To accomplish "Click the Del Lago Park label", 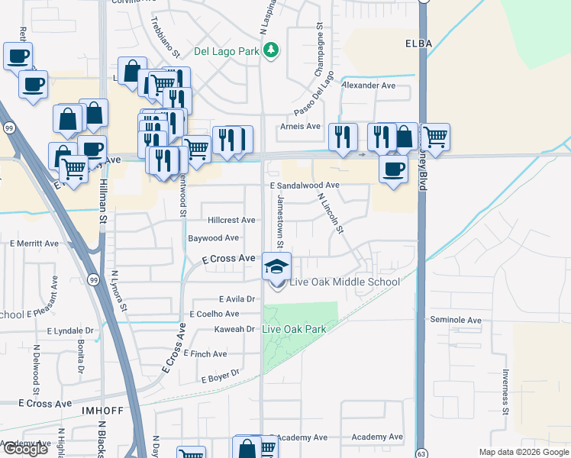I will point(227,51).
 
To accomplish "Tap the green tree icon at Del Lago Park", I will point(270,51).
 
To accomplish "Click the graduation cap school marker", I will point(276,266).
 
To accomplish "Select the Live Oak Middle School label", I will point(344,282).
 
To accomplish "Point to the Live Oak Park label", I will point(294,329).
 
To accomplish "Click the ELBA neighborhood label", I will point(419,44).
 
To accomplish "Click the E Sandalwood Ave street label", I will point(304,185).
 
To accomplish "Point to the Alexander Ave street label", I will point(369,85).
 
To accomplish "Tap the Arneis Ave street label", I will point(301,126).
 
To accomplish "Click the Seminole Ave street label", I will point(456,320).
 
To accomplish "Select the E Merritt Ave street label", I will point(34,244).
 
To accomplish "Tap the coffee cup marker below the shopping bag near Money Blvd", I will point(393,169).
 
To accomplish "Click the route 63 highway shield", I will point(421,452).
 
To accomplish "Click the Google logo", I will point(25,450).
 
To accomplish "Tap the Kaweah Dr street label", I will point(238,329).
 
